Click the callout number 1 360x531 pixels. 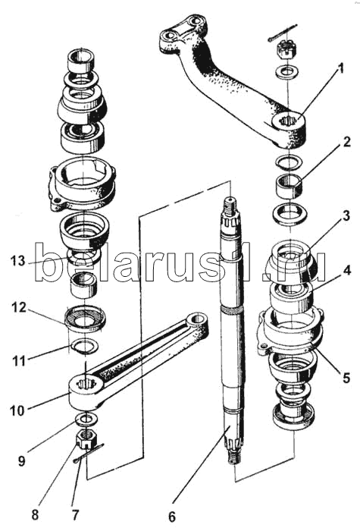(x=341, y=69)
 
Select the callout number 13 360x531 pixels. (x=17, y=261)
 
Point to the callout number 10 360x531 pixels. (x=17, y=410)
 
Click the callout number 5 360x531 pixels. (x=346, y=378)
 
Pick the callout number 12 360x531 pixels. (x=18, y=307)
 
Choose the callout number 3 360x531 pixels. (x=346, y=216)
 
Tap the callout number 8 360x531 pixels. (x=35, y=515)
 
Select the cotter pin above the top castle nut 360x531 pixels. (x=284, y=33)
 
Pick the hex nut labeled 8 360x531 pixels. (x=87, y=440)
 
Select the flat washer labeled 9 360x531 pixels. (x=87, y=419)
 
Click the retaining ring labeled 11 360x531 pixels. (x=85, y=346)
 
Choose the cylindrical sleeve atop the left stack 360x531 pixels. (x=81, y=60)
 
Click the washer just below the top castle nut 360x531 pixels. (x=287, y=71)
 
